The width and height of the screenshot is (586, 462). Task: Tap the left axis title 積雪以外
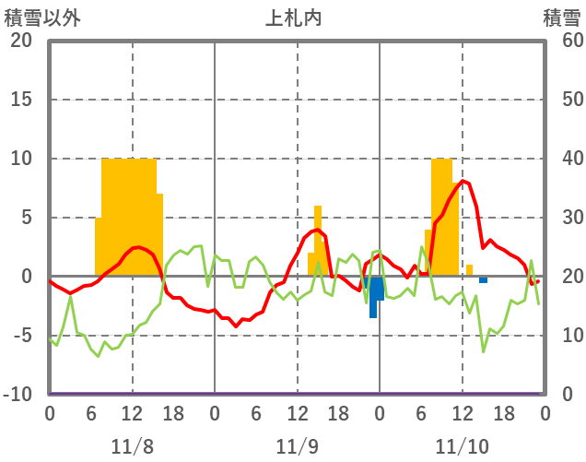(x=36, y=17)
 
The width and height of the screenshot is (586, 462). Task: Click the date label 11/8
(x=132, y=446)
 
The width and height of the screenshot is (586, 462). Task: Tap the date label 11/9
(x=297, y=446)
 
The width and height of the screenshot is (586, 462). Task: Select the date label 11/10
(x=463, y=446)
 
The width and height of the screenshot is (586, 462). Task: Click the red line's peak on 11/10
(x=463, y=182)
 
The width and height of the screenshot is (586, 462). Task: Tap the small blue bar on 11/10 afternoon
(x=483, y=279)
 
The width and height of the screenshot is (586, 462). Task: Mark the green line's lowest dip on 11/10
(x=484, y=350)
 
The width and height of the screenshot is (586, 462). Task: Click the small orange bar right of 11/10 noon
(x=469, y=270)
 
